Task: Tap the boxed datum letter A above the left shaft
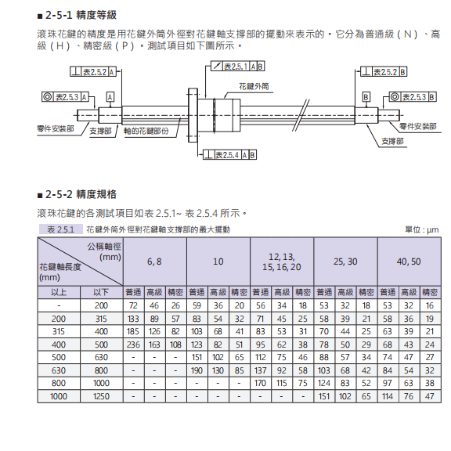click(110, 96)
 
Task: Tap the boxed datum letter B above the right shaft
click(366, 96)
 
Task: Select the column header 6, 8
click(155, 262)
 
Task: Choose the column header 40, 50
click(409, 262)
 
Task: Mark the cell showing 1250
click(102, 397)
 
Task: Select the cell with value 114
click(387, 397)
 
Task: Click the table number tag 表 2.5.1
click(60, 229)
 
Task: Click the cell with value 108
click(176, 344)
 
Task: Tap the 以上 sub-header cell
click(59, 292)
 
